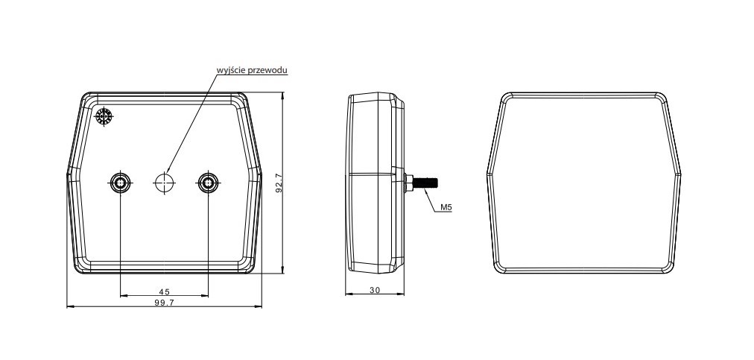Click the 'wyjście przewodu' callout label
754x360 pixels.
(x=252, y=70)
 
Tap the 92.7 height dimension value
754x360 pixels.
(x=279, y=182)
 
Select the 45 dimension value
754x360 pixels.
(x=165, y=291)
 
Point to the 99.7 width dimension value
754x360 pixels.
(x=165, y=303)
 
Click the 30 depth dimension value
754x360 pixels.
(x=375, y=290)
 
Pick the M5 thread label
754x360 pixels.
(x=446, y=207)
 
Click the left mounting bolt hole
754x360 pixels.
(x=120, y=182)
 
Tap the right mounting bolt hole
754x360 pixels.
(x=208, y=182)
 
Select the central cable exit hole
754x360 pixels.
(x=165, y=182)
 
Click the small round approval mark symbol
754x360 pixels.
(x=104, y=116)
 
